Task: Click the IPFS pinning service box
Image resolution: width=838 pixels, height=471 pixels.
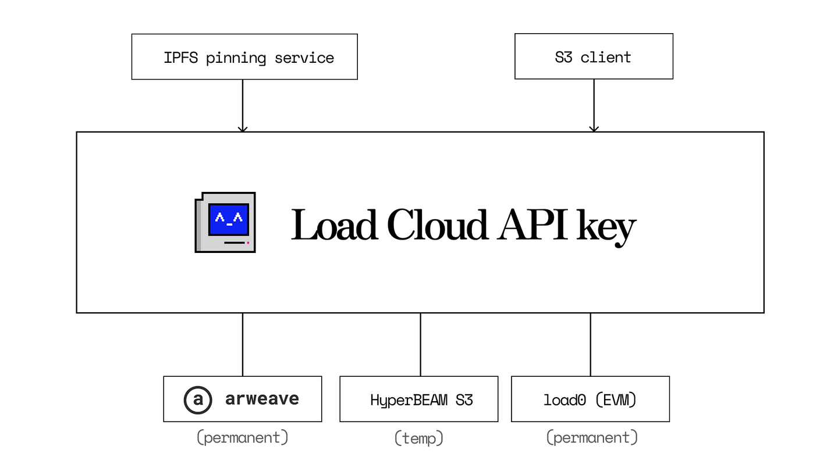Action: pyautogui.click(x=244, y=56)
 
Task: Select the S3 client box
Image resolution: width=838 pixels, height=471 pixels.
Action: pyautogui.click(x=594, y=56)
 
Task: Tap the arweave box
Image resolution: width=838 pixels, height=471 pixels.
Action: pyautogui.click(x=243, y=399)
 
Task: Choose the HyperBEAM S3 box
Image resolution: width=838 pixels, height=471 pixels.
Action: pyautogui.click(x=419, y=399)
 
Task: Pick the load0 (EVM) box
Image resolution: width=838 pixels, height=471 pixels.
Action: pyautogui.click(x=590, y=399)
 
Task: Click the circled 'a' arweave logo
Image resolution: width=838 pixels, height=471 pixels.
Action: pyautogui.click(x=198, y=399)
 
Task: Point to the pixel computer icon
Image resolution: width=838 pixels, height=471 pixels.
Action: pyautogui.click(x=225, y=222)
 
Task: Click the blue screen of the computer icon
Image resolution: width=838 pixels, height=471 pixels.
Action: pyautogui.click(x=229, y=219)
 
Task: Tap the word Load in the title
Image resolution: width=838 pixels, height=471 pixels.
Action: pyautogui.click(x=333, y=225)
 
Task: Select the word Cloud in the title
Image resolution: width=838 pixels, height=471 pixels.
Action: pyautogui.click(x=436, y=225)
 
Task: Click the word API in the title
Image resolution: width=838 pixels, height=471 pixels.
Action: pyautogui.click(x=531, y=225)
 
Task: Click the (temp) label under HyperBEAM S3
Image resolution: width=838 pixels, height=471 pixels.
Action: pyautogui.click(x=419, y=437)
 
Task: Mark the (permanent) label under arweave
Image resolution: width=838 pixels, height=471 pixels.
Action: pyautogui.click(x=243, y=437)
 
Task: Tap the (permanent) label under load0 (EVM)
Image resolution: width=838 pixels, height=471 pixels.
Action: pyautogui.click(x=592, y=437)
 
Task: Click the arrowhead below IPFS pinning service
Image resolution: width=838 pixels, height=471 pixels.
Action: pyautogui.click(x=243, y=128)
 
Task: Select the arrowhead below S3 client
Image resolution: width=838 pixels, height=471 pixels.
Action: pyautogui.click(x=594, y=128)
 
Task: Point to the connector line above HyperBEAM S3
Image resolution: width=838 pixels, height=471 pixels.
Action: pyautogui.click(x=420, y=344)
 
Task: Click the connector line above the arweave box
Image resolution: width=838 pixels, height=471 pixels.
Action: pyautogui.click(x=243, y=344)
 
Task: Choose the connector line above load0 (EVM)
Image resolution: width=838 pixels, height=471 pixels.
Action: pyautogui.click(x=591, y=344)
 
